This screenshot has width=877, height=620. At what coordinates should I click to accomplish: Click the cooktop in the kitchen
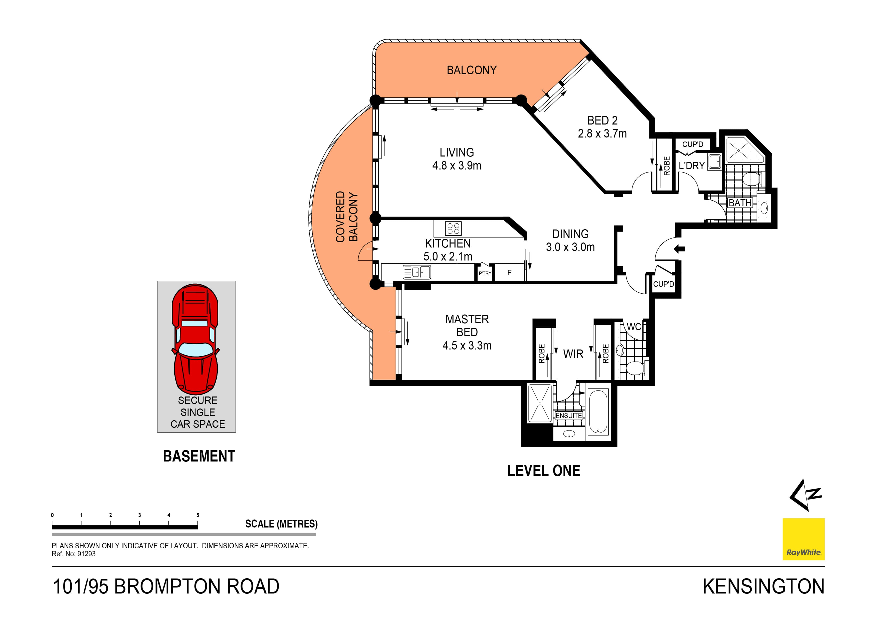click(x=453, y=228)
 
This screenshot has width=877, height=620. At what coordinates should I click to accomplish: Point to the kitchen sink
click(x=417, y=272)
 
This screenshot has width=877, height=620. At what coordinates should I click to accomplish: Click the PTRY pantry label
click(x=485, y=273)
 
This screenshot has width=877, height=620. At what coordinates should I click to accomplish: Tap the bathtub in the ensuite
click(x=598, y=412)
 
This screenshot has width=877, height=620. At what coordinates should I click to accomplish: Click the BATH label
click(x=740, y=203)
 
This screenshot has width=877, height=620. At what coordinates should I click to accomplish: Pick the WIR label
click(x=573, y=354)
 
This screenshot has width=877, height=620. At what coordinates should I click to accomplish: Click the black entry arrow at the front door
click(x=679, y=249)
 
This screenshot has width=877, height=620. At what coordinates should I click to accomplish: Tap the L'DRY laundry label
click(x=691, y=166)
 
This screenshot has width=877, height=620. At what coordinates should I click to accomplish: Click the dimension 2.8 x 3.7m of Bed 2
click(x=602, y=134)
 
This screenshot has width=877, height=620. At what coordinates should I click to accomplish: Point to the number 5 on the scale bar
click(x=198, y=515)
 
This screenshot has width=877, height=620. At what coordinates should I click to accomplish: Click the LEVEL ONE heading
click(x=543, y=471)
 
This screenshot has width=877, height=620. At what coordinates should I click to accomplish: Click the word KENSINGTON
click(x=763, y=587)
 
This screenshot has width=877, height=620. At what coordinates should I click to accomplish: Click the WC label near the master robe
click(x=634, y=327)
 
